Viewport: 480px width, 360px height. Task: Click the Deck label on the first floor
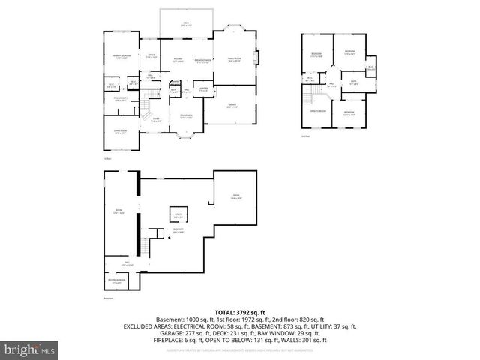[185, 25]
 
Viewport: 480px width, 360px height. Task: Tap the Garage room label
[232, 106]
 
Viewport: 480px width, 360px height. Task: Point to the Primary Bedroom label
[121, 56]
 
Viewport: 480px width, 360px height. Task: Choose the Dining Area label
[186, 115]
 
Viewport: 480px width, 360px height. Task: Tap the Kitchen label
[179, 60]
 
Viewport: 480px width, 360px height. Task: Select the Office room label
[151, 55]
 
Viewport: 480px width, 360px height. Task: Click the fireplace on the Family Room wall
[257, 58]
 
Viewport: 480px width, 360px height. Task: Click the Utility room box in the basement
[179, 216]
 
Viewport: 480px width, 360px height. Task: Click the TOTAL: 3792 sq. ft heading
[240, 311]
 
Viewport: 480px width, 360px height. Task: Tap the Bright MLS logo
[30, 349]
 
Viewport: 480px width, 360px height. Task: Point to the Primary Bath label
[120, 98]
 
